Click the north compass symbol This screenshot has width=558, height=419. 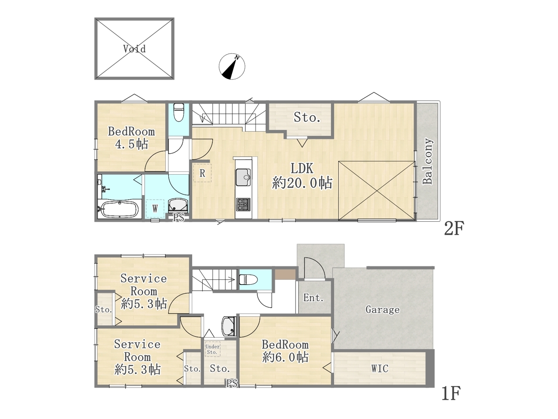[x=232, y=66]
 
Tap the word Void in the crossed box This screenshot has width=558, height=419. [x=134, y=48]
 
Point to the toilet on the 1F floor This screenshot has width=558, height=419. [x=248, y=279]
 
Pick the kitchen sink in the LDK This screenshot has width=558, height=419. [x=243, y=177]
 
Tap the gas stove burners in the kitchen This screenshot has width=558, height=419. [x=243, y=204]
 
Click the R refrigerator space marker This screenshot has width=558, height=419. [x=202, y=173]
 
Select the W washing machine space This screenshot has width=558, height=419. [x=155, y=209]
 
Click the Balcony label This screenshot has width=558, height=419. [x=428, y=161]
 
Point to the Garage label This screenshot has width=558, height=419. [x=382, y=309]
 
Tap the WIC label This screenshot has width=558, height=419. [x=380, y=368]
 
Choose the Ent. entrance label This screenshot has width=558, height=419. [x=313, y=297]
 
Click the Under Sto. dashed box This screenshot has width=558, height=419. [x=213, y=349]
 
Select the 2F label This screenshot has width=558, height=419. [x=454, y=228]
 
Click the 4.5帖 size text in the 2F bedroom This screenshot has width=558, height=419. [x=131, y=144]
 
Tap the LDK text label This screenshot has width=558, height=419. [x=302, y=168]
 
